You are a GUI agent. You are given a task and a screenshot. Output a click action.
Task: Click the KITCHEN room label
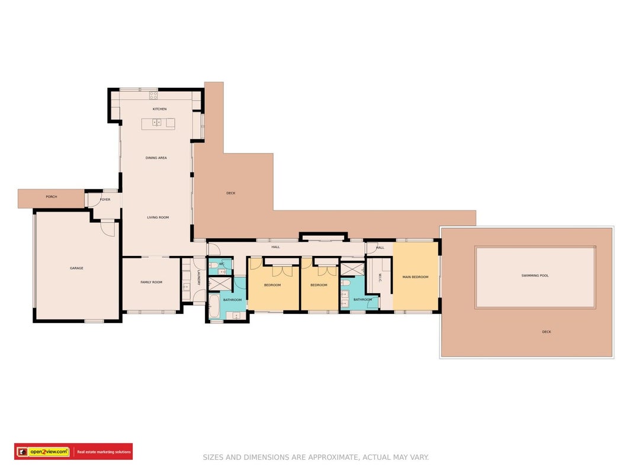pyautogui.click(x=159, y=109)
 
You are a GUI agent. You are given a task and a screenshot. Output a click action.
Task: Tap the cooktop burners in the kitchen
pyautogui.click(x=153, y=95)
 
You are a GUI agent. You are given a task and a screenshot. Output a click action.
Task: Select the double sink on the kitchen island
pyautogui.click(x=157, y=121)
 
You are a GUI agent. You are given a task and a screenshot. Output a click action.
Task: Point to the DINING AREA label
pyautogui.click(x=156, y=158)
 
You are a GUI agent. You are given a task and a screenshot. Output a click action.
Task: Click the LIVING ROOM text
pyautogui.click(x=158, y=217)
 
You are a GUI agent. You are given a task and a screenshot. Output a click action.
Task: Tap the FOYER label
pyautogui.click(x=105, y=200)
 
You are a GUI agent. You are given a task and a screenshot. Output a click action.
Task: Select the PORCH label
pyautogui.click(x=51, y=197)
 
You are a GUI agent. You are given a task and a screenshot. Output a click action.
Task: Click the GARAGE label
pyautogui.click(x=76, y=268)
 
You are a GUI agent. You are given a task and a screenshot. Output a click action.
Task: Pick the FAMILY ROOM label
pyautogui.click(x=152, y=282)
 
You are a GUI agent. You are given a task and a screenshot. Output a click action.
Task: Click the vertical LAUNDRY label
pyautogui.click(x=198, y=278)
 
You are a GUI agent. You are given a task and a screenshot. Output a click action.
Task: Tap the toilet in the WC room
pyautogui.click(x=213, y=265)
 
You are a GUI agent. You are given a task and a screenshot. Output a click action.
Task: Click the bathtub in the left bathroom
pyautogui.click(x=214, y=307)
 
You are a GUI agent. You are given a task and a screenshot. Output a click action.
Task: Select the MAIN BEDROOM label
pyautogui.click(x=416, y=277)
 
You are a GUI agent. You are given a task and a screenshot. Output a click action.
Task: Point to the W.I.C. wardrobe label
pyautogui.click(x=380, y=277)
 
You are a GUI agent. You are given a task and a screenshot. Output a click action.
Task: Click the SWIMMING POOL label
pyautogui.click(x=535, y=276)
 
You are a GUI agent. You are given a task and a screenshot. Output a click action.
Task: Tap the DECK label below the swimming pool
pyautogui.click(x=547, y=332)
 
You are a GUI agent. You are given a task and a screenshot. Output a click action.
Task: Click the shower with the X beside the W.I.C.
pyautogui.click(x=352, y=269)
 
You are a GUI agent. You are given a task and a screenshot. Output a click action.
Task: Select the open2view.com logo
pyautogui.click(x=49, y=452)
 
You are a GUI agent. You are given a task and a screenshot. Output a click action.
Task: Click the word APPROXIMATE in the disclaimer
pyautogui.click(x=332, y=457)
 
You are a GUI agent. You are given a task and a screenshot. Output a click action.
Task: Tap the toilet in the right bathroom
pyautogui.click(x=345, y=283)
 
